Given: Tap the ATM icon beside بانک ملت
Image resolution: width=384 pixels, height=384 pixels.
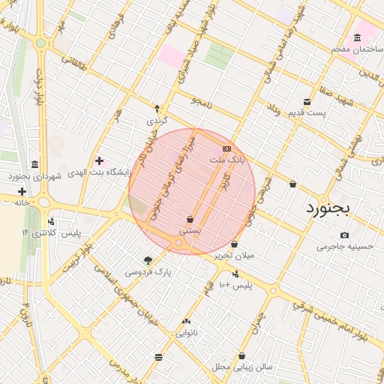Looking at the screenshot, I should [226, 148].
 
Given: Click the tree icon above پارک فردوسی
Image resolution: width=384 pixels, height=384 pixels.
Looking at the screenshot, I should [148, 260].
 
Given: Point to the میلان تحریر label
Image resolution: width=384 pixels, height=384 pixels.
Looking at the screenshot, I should [235, 256].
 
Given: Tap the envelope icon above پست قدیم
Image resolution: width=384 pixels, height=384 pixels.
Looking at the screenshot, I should [307, 102].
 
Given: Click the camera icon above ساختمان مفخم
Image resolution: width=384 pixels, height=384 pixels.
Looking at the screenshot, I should [355, 37].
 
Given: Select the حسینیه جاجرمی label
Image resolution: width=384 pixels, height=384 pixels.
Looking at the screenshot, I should [345, 245].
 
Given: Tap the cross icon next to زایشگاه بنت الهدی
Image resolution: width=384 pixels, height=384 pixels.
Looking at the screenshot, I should [99, 160].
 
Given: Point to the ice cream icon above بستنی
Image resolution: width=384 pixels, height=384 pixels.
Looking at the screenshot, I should [190, 220].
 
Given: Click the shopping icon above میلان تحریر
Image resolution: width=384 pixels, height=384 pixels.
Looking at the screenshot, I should [235, 244].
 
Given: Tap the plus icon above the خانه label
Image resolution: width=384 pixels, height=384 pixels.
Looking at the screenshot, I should [22, 191].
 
